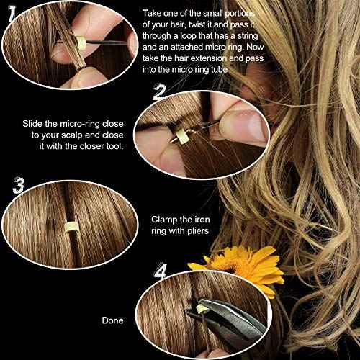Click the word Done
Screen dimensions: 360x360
113,320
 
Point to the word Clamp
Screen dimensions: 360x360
165,218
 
